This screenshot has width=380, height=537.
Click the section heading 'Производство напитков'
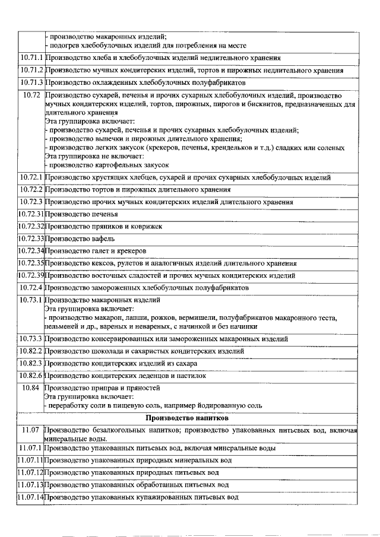coord(189,418)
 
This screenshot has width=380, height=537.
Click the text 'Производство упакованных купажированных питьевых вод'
coord(142,497)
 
